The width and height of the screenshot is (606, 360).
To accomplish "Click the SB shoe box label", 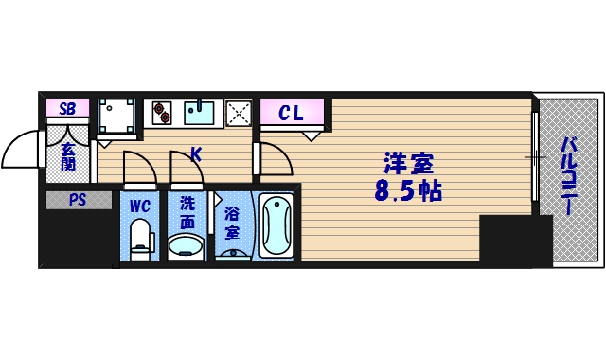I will [x=67, y=108].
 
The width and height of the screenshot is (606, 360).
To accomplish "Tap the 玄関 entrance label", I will [x=68, y=156].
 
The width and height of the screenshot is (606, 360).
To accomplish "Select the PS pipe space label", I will [x=75, y=200].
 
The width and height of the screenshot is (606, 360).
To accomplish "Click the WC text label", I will [x=139, y=205].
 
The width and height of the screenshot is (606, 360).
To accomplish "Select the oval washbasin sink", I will [x=186, y=246].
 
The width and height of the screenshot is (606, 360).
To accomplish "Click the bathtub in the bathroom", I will [x=276, y=225].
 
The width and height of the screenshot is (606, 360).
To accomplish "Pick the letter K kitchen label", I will [x=196, y=152].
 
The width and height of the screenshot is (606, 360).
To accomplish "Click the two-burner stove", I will [x=162, y=114].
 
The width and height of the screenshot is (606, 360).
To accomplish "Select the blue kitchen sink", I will [x=201, y=113].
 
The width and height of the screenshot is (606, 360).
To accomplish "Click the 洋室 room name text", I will [x=408, y=162].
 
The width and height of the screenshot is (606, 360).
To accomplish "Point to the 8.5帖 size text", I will [x=408, y=191].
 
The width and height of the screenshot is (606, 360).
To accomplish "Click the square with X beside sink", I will [x=240, y=114].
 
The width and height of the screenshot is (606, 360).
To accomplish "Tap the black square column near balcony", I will [x=514, y=241].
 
